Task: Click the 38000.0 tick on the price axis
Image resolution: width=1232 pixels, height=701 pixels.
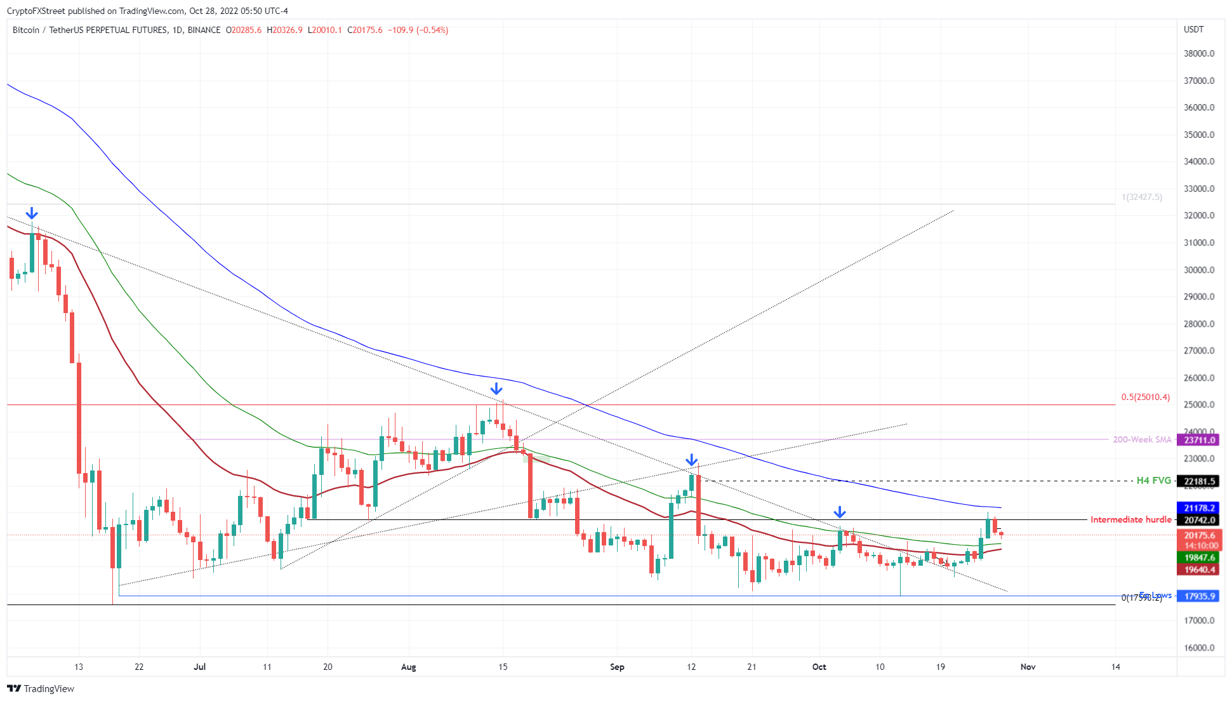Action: tap(1198, 53)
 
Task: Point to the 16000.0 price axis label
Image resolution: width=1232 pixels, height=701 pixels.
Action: tap(1198, 648)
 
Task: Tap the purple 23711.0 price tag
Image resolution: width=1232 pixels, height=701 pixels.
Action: tap(1199, 440)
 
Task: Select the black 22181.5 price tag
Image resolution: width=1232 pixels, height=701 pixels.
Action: tap(1199, 481)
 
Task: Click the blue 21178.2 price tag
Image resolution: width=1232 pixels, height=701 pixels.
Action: tap(1199, 508)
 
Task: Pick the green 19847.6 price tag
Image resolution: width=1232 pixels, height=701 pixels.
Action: tap(1199, 557)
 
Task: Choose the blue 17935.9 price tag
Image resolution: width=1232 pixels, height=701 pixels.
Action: tap(1199, 596)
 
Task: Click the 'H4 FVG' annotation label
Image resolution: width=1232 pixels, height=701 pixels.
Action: tap(1153, 481)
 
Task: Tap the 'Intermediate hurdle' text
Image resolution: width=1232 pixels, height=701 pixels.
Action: tap(1130, 519)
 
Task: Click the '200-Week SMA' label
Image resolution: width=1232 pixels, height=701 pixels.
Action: tap(1142, 439)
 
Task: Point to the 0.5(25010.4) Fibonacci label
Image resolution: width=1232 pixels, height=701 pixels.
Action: tap(1145, 397)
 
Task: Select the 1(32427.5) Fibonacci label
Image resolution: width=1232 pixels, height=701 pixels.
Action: tap(1142, 197)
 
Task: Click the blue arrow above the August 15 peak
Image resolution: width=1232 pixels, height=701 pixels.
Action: tap(496, 389)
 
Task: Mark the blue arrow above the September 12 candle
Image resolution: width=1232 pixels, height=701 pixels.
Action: tap(692, 460)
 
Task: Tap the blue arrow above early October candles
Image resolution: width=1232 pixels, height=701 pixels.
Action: tap(840, 512)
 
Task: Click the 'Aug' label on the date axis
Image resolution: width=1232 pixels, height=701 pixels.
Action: tap(409, 667)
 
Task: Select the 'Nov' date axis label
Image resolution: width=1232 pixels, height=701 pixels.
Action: tap(1028, 667)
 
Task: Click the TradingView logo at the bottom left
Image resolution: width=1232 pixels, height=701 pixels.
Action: tap(41, 688)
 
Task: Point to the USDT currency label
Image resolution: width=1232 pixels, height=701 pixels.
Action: tap(1193, 29)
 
